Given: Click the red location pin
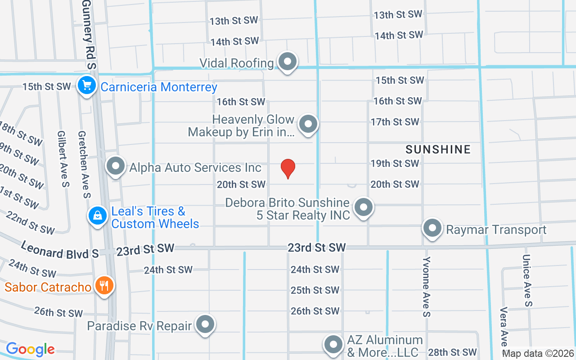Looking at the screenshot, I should (288, 168).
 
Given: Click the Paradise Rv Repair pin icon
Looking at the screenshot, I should (206, 324).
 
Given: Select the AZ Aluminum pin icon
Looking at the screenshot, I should (333, 344).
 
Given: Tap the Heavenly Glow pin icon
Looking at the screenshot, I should (308, 123).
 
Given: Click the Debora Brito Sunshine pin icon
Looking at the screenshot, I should (363, 207).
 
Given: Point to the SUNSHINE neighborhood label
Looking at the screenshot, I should (438, 149).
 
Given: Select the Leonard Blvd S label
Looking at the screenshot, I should (60, 250).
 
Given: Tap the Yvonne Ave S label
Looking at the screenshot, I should (427, 286).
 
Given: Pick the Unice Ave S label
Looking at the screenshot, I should (527, 281).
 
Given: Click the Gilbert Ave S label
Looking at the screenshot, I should (63, 159).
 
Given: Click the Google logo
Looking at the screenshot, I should (30, 349).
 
